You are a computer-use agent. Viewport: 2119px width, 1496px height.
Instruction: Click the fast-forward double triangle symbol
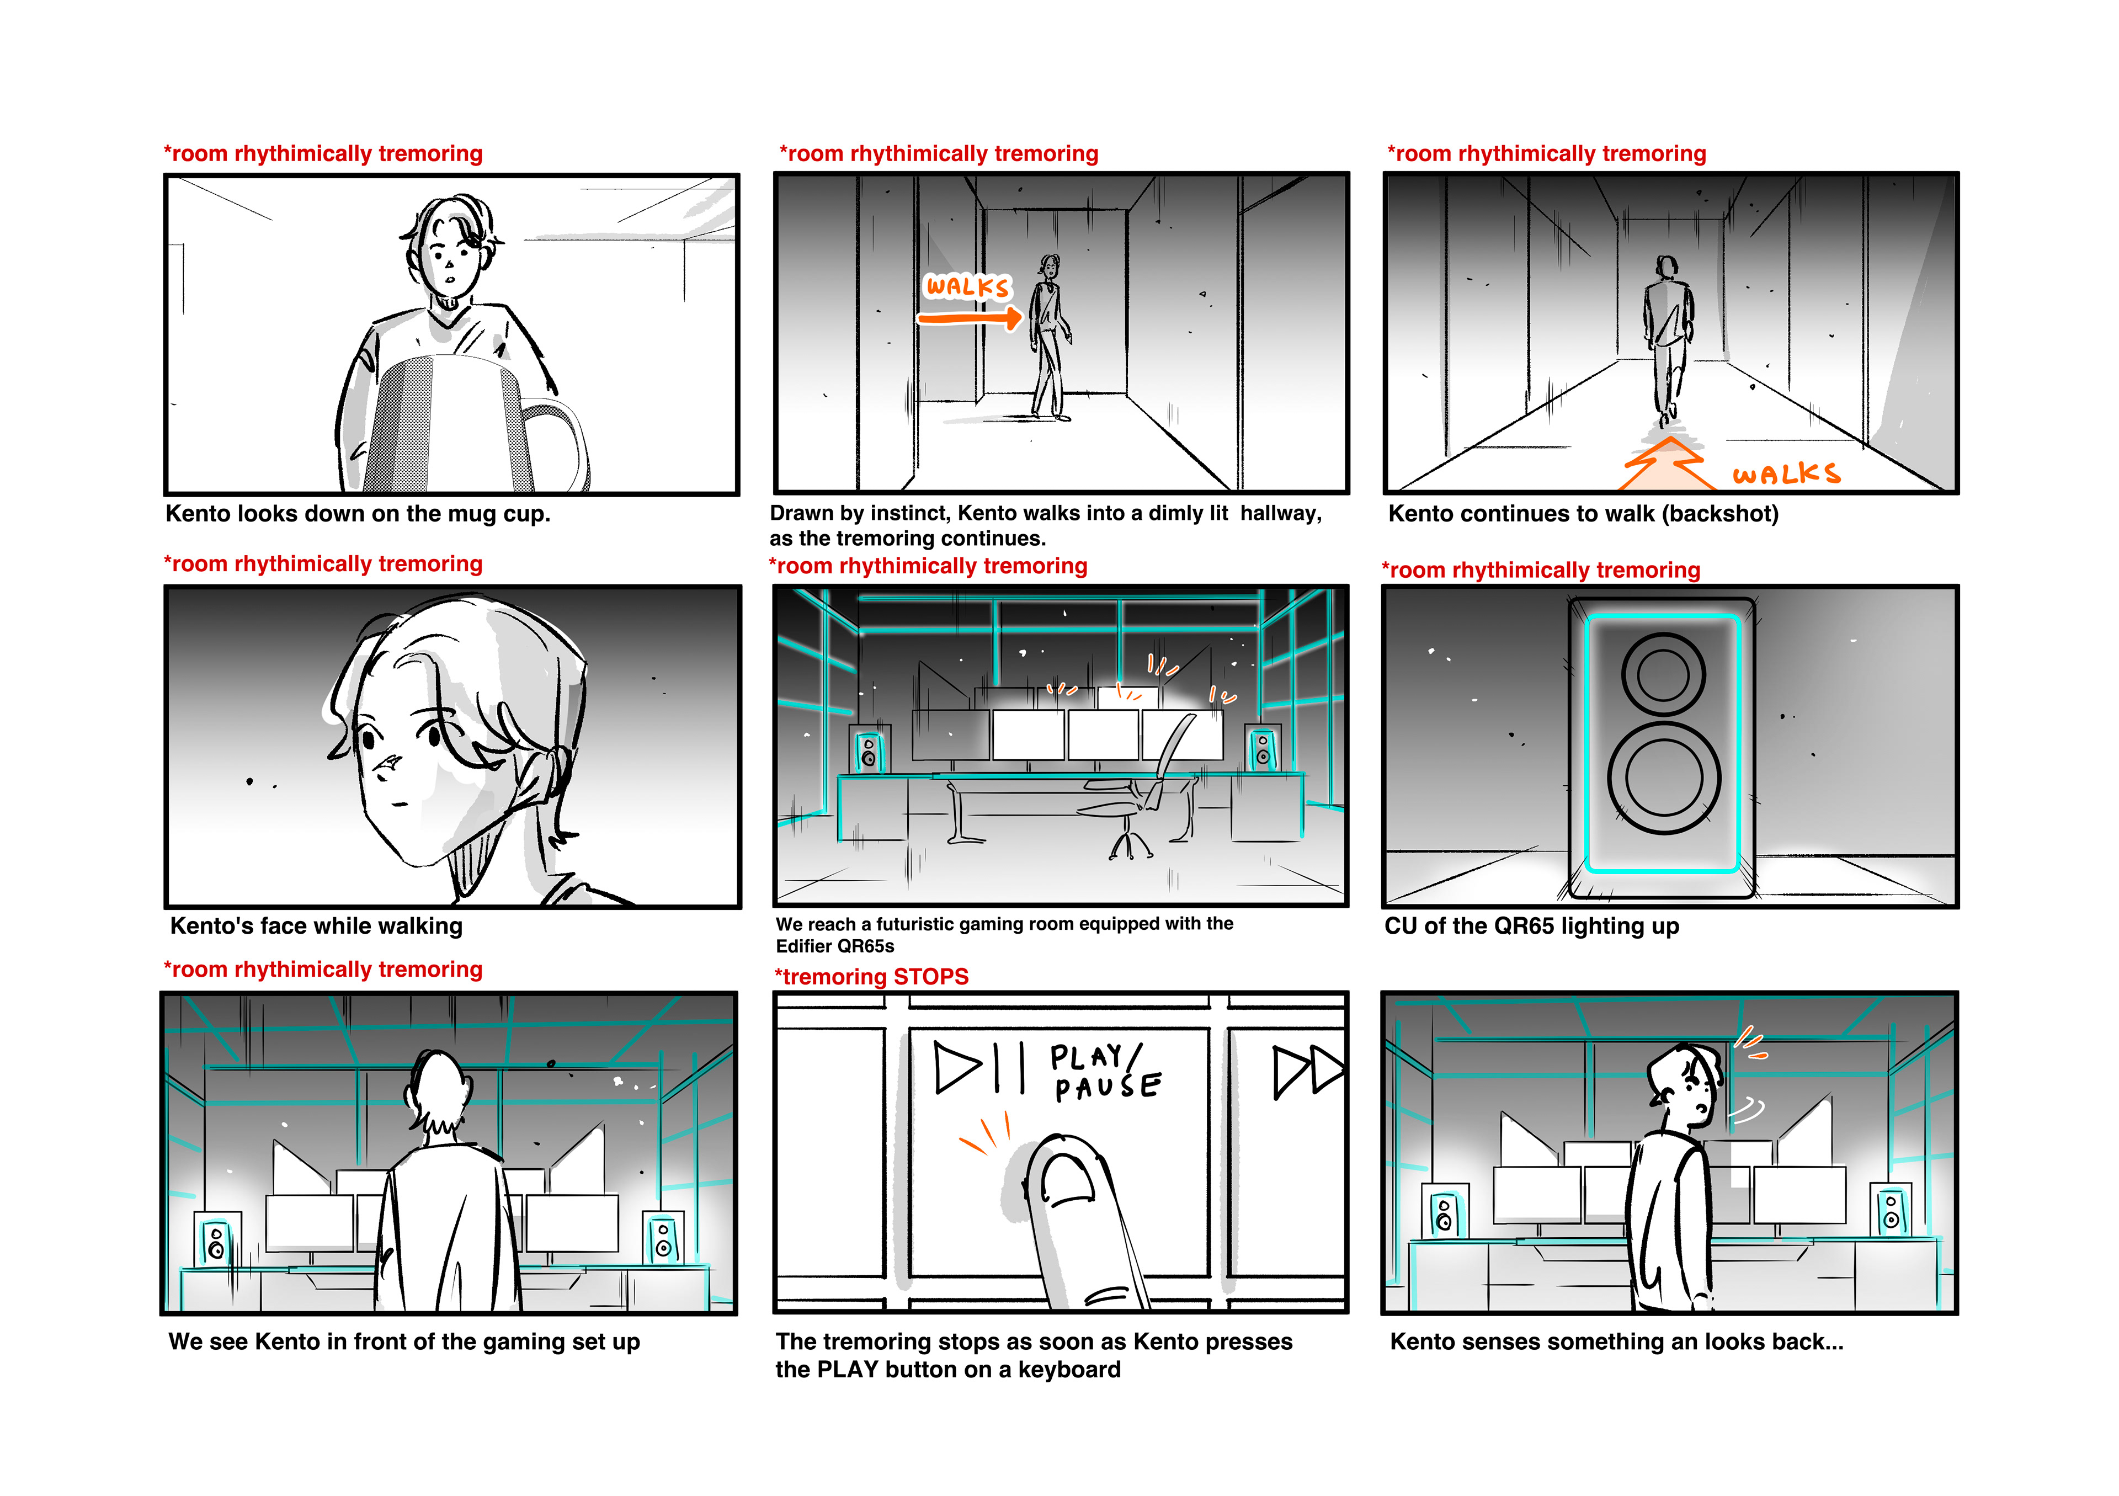pos(1309,1072)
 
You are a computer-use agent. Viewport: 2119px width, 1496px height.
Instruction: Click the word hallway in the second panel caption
pos(1280,513)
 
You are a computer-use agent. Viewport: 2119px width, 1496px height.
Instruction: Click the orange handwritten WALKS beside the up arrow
pos(1786,475)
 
